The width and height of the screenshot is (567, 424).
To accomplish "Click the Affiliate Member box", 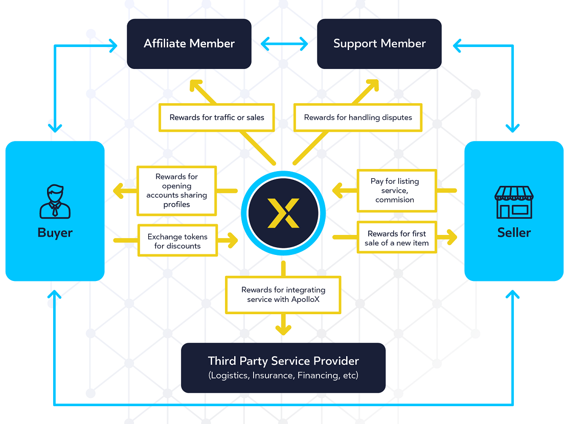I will [x=189, y=44].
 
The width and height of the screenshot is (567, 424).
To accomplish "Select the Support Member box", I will [x=379, y=44].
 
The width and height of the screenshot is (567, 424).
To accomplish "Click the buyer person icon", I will [x=55, y=202].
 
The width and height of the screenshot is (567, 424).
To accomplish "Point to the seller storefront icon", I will [x=514, y=202].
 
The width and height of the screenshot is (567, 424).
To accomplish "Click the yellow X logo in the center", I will [x=283, y=212].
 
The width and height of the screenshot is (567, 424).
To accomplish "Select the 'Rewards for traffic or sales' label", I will [x=217, y=117].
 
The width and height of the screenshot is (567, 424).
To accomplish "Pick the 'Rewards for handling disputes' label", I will [x=358, y=117].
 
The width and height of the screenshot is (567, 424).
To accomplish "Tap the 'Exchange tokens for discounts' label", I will [x=177, y=241].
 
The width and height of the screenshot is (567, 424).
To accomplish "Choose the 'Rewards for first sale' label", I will [x=397, y=238].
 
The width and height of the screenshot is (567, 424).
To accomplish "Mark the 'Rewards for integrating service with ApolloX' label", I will [x=283, y=294].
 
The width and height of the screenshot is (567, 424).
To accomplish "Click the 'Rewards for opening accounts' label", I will [x=176, y=191].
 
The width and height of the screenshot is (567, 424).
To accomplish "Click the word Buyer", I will [x=55, y=233].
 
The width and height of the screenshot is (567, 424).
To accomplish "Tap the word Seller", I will [x=514, y=233].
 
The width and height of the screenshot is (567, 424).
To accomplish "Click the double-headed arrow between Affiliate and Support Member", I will [x=284, y=44].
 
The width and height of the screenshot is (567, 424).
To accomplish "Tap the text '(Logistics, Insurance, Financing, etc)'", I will [x=283, y=376].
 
